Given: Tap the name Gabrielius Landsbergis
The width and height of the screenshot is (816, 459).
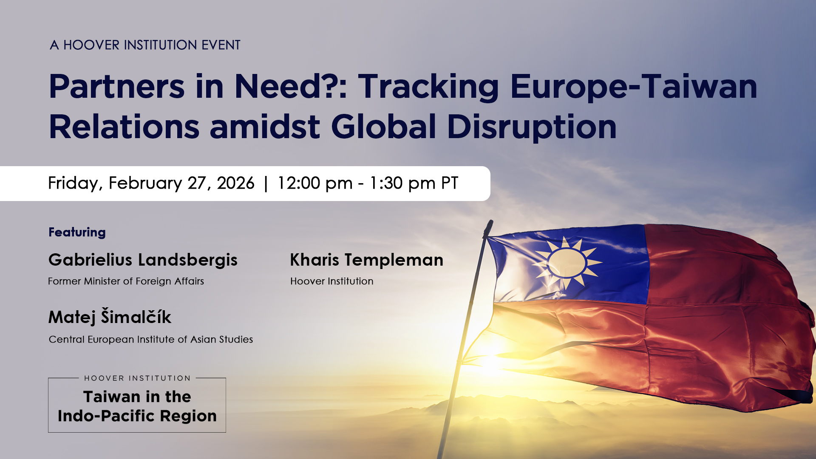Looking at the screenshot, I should pos(143,260).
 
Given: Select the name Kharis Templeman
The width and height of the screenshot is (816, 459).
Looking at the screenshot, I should pos(366,260).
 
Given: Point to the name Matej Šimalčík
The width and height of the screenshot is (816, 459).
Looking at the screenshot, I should pos(110,317).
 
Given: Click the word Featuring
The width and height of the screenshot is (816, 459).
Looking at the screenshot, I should pos(77,232).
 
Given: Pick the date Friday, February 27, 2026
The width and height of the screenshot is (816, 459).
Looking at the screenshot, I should pos(151,183).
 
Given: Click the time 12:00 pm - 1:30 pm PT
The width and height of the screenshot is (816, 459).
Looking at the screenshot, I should pos(368,183).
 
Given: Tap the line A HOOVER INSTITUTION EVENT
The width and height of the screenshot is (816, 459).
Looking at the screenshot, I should pos(145,45).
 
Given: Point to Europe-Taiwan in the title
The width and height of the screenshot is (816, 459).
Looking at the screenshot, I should pos(633,87).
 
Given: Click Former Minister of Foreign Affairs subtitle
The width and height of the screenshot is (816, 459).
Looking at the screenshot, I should pos(126,281).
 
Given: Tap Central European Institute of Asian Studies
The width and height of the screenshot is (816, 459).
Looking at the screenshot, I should pos(150,340).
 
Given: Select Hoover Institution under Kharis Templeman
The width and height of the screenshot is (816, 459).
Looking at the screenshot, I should pos(331,281).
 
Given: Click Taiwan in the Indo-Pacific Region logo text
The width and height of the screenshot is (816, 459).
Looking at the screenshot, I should pos(137,406).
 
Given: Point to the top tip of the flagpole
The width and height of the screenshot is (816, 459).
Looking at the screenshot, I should pos(490,222).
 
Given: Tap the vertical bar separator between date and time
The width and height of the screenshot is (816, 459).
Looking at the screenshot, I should pos(266,184).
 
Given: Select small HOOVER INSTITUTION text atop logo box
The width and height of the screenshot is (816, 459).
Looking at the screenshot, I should pos(137,378).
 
